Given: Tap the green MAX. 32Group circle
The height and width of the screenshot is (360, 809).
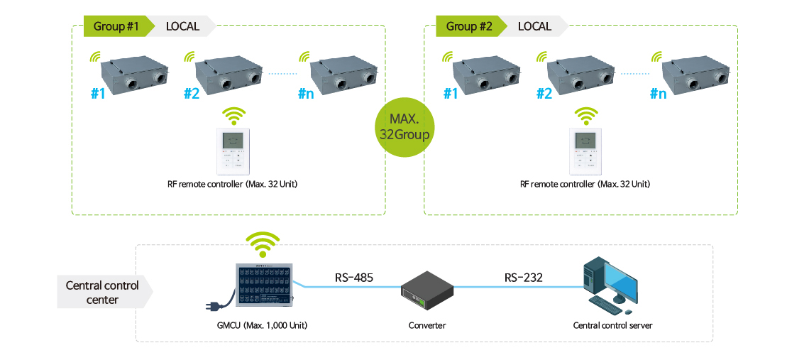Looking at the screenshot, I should coord(404,125).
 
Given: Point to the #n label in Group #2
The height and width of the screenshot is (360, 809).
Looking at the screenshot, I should coord(658,94).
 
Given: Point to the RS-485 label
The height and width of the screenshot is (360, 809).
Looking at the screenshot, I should coord(353,278).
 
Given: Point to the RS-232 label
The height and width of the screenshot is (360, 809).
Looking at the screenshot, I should coord(523,278).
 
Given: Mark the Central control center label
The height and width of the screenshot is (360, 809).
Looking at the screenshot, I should coord(102,293).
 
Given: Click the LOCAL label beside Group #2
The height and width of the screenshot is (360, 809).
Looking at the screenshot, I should coord(534,27).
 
